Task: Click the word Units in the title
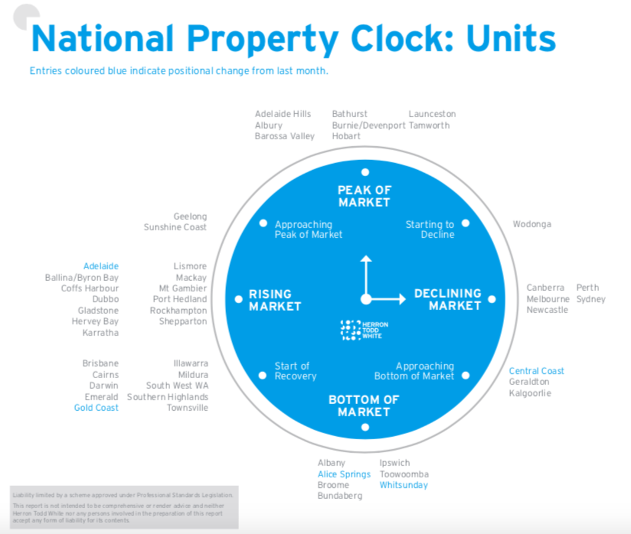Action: (x=511, y=39)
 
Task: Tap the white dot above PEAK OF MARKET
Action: (x=365, y=172)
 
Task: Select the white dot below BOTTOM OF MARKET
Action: (x=365, y=427)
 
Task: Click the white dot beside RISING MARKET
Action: (x=238, y=299)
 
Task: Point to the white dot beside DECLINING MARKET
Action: (x=492, y=299)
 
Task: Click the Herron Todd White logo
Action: (x=364, y=330)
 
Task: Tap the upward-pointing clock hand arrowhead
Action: (x=366, y=259)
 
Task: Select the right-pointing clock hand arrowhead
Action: (x=402, y=299)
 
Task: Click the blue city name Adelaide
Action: (x=101, y=266)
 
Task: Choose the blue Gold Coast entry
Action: (x=96, y=408)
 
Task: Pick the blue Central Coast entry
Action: (x=537, y=371)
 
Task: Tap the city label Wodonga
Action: (x=532, y=224)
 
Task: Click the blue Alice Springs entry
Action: (x=344, y=474)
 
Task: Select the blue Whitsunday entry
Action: (x=404, y=485)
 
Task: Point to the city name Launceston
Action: (x=432, y=114)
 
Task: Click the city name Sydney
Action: (x=591, y=299)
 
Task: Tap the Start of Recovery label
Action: (x=295, y=371)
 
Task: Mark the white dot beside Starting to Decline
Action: (x=466, y=223)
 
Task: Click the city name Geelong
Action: (x=190, y=217)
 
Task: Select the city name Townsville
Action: (x=187, y=408)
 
